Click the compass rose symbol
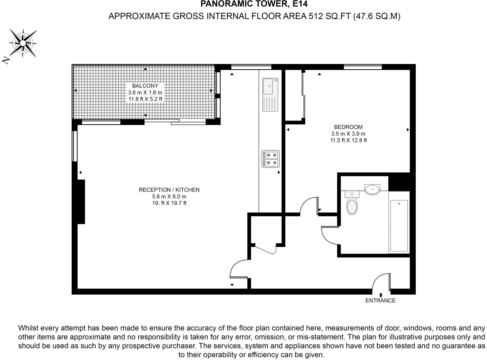point(23,43)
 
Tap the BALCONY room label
point(145,85)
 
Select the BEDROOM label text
point(348,127)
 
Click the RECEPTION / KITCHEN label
point(169,190)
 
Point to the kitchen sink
point(270,94)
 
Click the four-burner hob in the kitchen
point(271,159)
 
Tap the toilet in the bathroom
point(352,202)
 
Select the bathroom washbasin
point(372,189)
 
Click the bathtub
point(399,222)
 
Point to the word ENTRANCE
point(380,300)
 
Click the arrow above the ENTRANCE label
point(381,295)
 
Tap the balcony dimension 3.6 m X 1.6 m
point(145,92)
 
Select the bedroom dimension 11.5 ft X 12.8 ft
point(349,140)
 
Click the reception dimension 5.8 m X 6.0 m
point(169,196)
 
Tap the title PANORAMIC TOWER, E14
point(254,4)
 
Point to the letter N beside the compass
point(6,60)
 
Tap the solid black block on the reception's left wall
point(81,202)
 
